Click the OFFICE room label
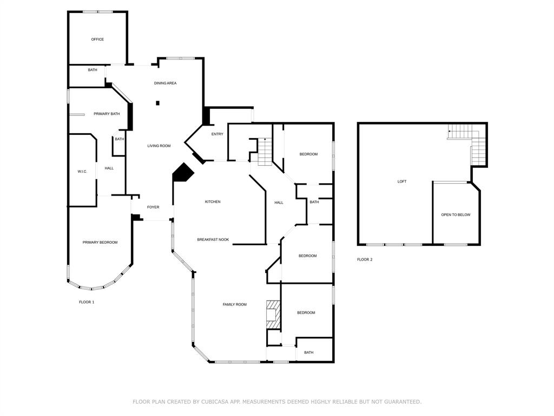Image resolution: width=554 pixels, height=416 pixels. point(97,39)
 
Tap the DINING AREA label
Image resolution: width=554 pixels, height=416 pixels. point(165,83)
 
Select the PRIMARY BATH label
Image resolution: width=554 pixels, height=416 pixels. point(107,114)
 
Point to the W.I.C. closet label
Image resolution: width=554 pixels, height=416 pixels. point(82,172)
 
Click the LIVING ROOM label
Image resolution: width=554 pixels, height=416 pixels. point(159,146)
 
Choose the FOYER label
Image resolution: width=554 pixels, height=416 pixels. point(153,207)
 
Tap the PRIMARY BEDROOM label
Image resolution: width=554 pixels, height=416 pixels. point(100,242)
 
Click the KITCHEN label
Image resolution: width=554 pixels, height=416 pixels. point(213,201)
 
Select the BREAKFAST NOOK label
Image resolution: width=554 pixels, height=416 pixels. point(213,239)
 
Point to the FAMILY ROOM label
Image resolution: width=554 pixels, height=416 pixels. point(235,304)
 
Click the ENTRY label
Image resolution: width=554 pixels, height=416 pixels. point(217,134)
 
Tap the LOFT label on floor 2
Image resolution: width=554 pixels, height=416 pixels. point(402,181)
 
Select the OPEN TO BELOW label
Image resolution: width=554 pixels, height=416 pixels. point(456,214)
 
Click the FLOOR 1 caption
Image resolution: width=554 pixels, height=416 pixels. point(87,302)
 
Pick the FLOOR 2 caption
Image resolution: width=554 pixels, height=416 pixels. point(365,259)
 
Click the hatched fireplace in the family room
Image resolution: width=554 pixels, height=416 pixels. point(273,315)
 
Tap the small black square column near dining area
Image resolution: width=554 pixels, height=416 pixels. point(158,103)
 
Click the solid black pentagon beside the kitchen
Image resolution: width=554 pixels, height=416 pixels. point(183,173)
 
